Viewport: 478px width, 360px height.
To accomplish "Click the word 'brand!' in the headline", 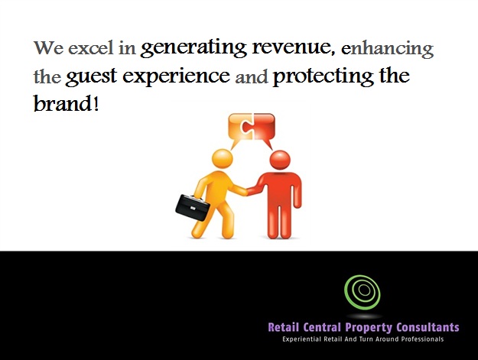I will pos(66,103).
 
